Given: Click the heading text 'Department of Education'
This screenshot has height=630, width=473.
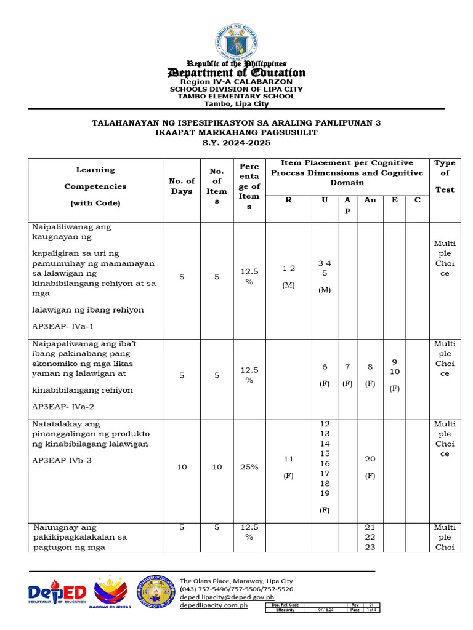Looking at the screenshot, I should tap(236, 73).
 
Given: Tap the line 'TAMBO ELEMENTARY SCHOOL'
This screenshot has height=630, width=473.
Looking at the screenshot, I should tap(236, 96).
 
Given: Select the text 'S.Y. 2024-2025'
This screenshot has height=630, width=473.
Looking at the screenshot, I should tap(236, 142).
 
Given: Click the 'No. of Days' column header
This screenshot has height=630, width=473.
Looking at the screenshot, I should tap(182, 186).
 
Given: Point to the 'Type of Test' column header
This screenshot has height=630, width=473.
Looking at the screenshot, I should tap(445, 176).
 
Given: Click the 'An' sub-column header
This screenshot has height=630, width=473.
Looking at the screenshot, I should tap(370, 200).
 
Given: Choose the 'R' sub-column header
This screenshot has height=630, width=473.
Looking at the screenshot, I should tap(288, 200).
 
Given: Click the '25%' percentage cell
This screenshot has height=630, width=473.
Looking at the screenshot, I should tap(249, 467).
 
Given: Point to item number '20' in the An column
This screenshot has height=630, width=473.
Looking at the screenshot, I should tap(370, 459).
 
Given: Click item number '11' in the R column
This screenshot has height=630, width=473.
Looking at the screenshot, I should tap(288, 459).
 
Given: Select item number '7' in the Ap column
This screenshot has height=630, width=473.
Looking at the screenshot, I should tap(347, 367).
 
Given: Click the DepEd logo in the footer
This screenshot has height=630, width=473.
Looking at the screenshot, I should tap(57, 593).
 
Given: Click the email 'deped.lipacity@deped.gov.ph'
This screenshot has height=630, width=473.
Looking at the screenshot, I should tap(227, 597).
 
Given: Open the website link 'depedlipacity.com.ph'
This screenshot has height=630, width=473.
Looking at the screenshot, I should tap(213, 605).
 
